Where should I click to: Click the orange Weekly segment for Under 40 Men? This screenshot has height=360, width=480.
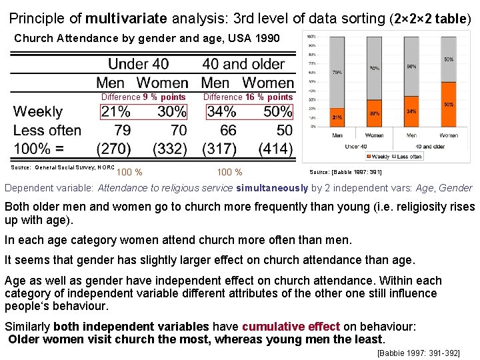tap(338, 117)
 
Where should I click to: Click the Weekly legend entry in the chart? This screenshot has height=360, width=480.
tap(378, 157)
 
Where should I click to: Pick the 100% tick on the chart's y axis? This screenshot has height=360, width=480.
tap(311, 35)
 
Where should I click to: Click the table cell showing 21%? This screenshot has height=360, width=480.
tap(115, 111)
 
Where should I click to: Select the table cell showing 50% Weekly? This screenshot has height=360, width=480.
tap(277, 111)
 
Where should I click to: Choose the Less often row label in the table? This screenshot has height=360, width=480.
tap(47, 130)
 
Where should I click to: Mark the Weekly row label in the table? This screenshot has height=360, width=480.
tap(38, 111)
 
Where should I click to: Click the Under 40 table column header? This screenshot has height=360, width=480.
tap(138, 65)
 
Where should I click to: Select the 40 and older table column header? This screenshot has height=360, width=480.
tap(243, 65)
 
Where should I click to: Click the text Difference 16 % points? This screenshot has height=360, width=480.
tap(248, 97)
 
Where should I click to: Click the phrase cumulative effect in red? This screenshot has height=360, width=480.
tap(291, 327)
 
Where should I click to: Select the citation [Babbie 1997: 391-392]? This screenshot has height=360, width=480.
tap(418, 353)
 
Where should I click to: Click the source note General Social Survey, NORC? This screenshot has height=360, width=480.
tap(65, 167)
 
